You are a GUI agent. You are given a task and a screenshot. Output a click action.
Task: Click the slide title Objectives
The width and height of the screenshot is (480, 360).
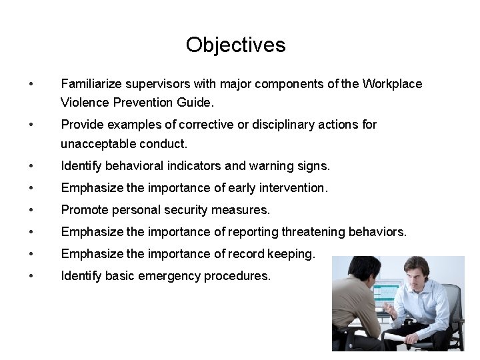[x=235, y=45]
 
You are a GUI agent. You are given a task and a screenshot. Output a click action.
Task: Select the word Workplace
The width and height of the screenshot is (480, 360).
[x=392, y=84]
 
